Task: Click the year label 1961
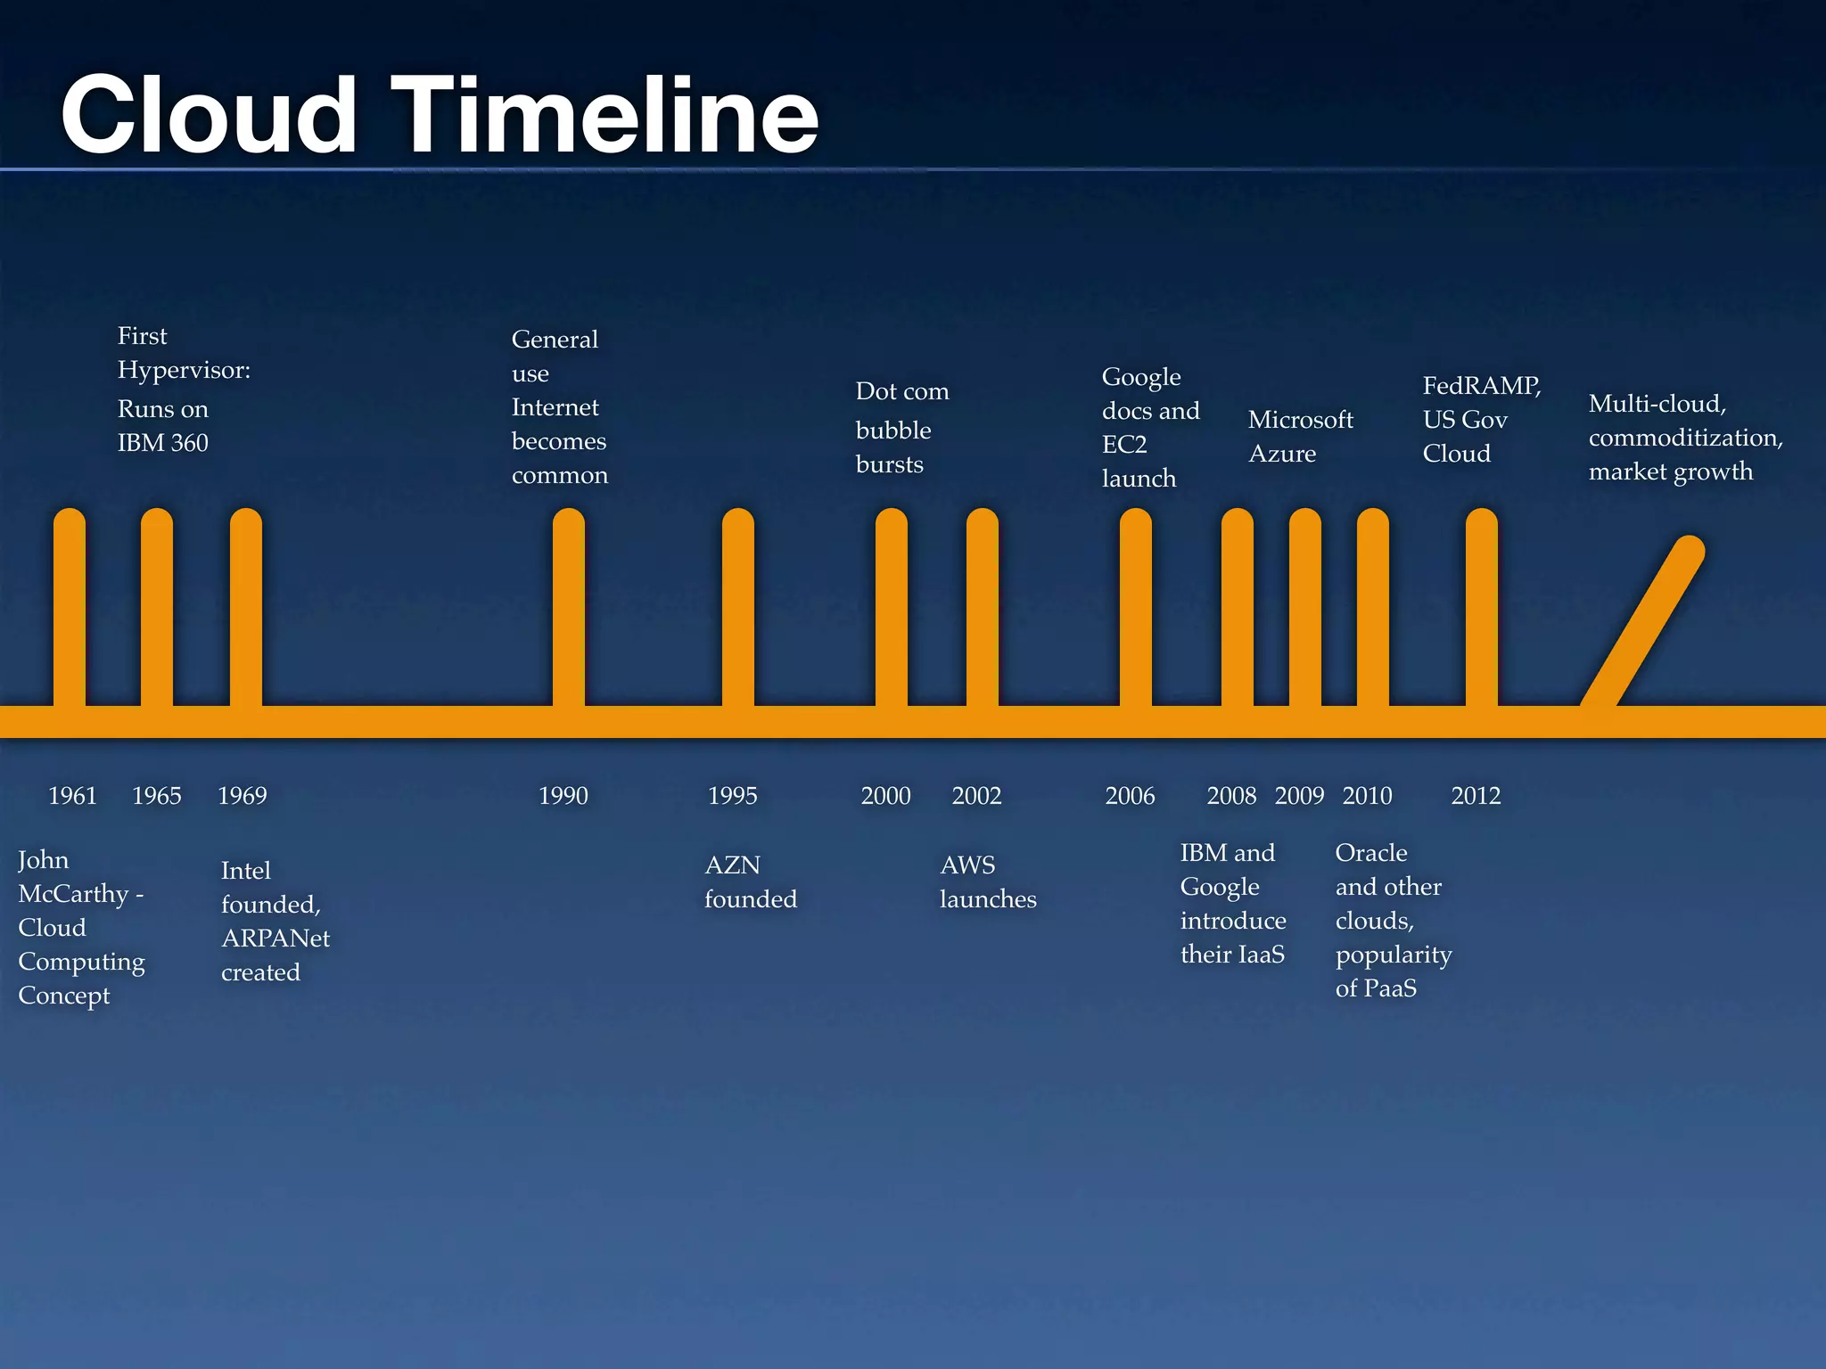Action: pyautogui.click(x=72, y=795)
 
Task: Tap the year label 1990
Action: pyautogui.click(x=563, y=795)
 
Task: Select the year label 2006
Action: pyautogui.click(x=1130, y=795)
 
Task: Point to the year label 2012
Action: pyautogui.click(x=1476, y=795)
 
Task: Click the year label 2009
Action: pyautogui.click(x=1299, y=795)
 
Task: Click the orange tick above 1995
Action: pyautogui.click(x=738, y=606)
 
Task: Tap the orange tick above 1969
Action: pyautogui.click(x=246, y=606)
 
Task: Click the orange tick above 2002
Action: pyautogui.click(x=983, y=606)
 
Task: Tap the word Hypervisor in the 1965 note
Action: pyautogui.click(x=182, y=371)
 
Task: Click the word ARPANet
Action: pyautogui.click(x=275, y=939)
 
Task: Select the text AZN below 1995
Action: pyautogui.click(x=732, y=865)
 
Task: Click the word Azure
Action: pyautogui.click(x=1282, y=454)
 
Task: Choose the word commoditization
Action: pyautogui.click(x=1685, y=438)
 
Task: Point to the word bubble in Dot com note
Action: pyautogui.click(x=892, y=430)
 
